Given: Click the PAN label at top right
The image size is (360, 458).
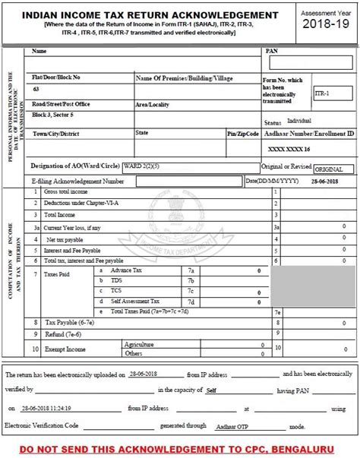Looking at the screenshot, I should (x=272, y=51).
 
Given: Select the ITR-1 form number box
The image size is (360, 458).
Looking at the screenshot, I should (x=332, y=92).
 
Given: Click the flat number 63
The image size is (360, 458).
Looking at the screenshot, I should (x=36, y=89).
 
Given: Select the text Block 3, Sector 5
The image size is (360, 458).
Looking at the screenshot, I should (x=52, y=115).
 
